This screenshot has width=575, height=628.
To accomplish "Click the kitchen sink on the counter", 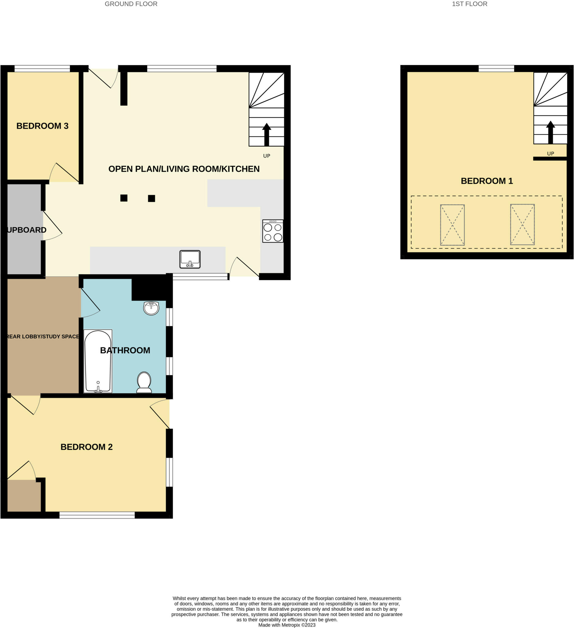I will (190, 259).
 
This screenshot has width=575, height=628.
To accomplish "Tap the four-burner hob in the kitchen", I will (273, 231).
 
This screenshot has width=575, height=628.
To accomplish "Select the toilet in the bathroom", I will (144, 382).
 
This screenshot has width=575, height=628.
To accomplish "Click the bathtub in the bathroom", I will (98, 361).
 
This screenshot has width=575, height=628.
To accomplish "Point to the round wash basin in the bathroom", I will (151, 308).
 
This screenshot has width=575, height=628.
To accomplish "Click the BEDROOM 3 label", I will (42, 126).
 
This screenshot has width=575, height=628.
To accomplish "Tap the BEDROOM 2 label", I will (86, 447).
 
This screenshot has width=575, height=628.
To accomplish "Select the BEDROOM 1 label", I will (487, 181).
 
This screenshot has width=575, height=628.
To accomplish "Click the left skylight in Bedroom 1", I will (452, 225).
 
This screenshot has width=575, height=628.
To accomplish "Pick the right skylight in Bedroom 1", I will (522, 224).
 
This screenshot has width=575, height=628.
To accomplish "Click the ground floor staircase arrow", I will (266, 134).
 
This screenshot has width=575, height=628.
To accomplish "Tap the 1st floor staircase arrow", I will (550, 132).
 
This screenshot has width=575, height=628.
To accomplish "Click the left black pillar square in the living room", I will (124, 198).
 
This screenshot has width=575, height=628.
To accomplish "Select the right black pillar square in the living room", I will (152, 198).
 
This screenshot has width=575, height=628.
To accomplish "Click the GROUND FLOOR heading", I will (131, 4).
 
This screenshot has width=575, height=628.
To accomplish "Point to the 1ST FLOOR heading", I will (469, 4).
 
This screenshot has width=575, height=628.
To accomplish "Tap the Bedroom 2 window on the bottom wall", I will (97, 515).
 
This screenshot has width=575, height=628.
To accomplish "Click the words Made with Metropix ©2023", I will (287, 625).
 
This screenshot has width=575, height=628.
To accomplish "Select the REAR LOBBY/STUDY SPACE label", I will (43, 336).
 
